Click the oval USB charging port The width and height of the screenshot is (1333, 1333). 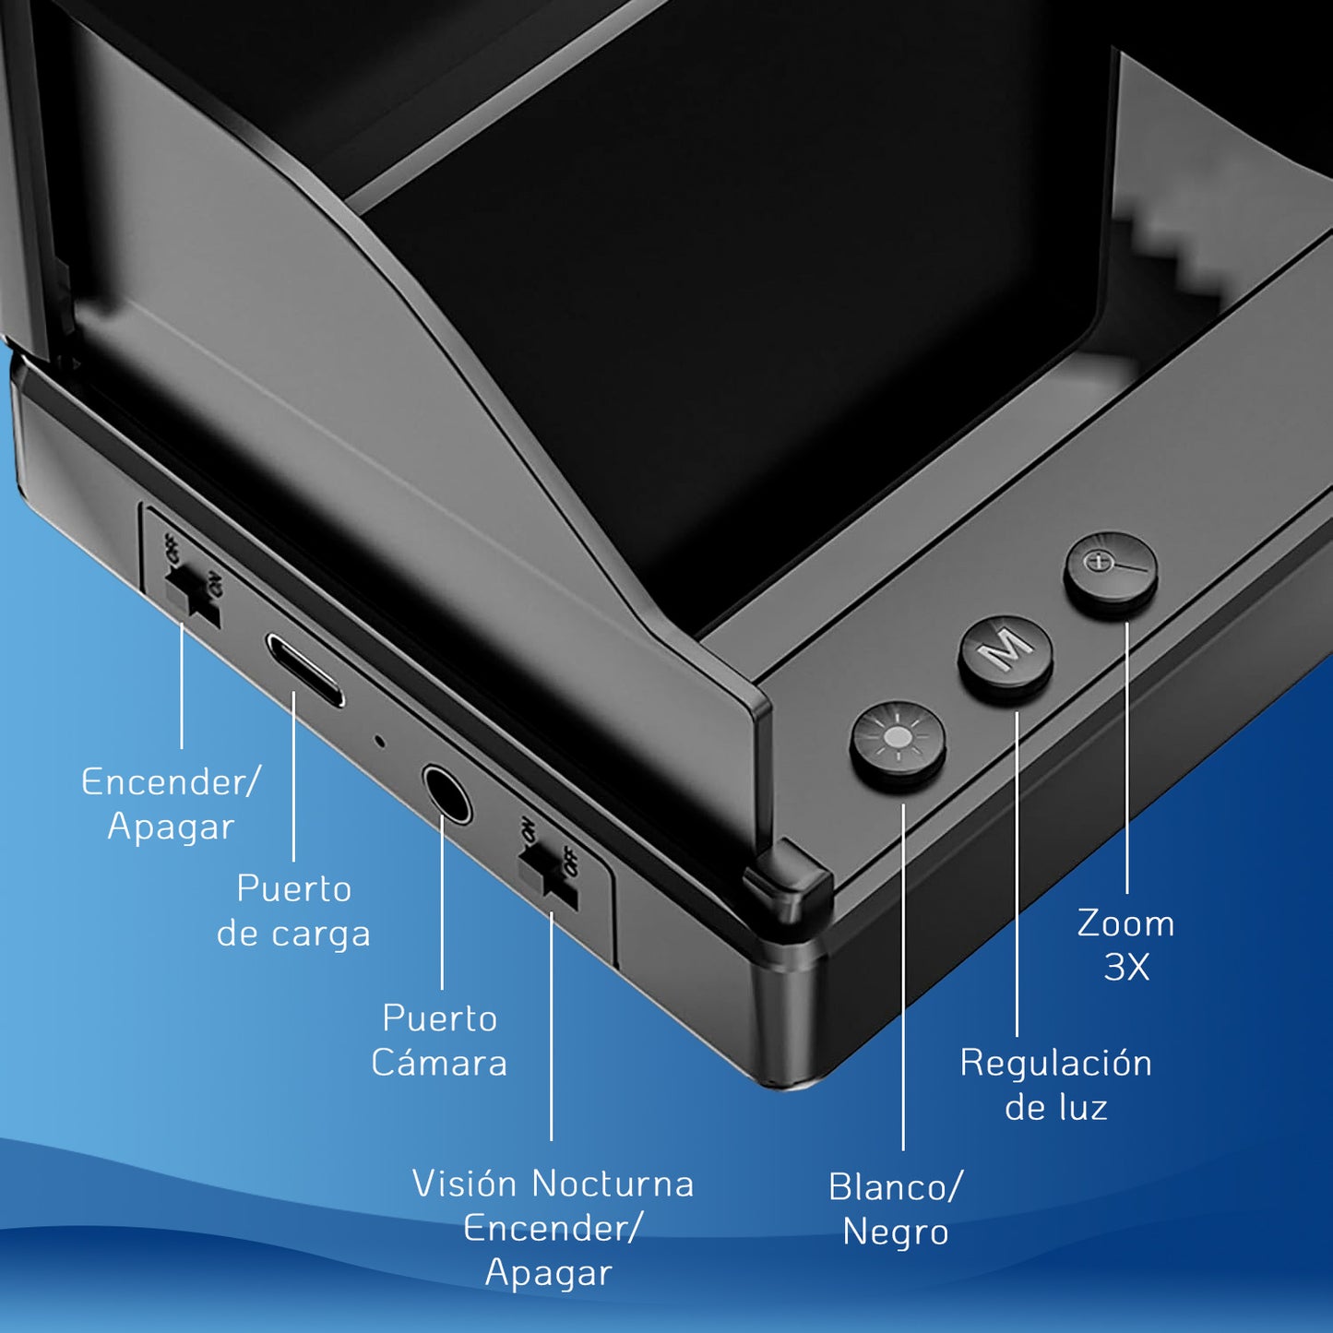[305, 670]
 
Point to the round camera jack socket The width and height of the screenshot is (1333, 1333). [446, 792]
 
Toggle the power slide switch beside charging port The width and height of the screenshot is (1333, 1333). [192, 598]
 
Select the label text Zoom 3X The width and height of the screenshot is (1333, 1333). [1126, 946]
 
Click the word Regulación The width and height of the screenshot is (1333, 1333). [1055, 1064]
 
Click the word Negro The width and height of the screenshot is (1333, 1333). [895, 1232]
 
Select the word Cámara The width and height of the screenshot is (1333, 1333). [439, 1062]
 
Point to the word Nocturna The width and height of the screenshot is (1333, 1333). [613, 1184]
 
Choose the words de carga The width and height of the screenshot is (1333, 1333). [293, 934]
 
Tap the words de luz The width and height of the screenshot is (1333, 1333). [1055, 1108]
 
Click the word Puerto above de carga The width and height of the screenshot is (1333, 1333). [294, 889]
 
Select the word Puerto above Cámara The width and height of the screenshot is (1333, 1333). [440, 1019]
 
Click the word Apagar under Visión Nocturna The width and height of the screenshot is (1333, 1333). [549, 1274]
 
